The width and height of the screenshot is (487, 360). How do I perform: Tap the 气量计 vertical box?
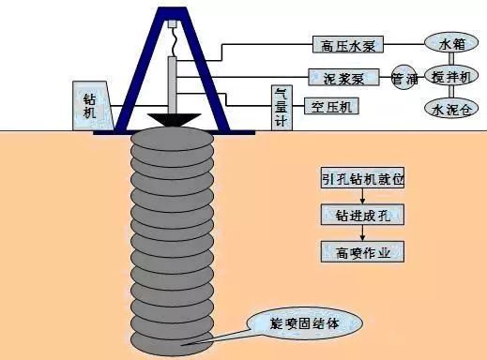click(x=280, y=103)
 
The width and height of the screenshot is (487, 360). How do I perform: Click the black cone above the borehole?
click(x=172, y=120)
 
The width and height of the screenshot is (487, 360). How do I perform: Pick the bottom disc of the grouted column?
click(x=172, y=344)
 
